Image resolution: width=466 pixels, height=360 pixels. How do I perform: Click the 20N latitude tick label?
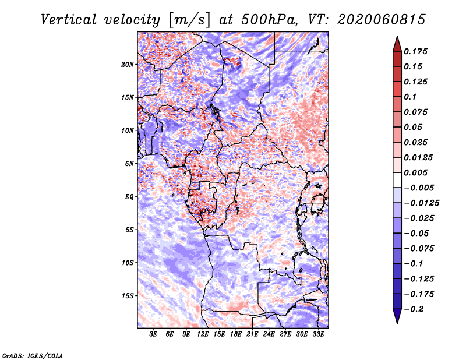click(x=128, y=65)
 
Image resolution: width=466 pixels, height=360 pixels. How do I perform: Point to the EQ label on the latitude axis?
click(x=129, y=197)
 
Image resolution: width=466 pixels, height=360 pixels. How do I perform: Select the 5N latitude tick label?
click(x=129, y=164)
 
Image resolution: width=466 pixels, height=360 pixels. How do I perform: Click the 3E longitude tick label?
click(x=153, y=334)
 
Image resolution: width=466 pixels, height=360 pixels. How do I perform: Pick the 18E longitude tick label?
click(x=236, y=334)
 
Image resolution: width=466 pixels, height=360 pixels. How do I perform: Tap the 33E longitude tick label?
click(x=318, y=334)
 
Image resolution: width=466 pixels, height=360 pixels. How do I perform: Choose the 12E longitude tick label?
click(x=203, y=334)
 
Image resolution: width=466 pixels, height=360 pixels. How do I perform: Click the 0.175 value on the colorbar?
click(x=415, y=51)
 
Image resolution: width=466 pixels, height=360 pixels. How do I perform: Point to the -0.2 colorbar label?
click(x=414, y=309)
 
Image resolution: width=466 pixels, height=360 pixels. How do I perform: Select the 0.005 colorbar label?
click(x=415, y=172)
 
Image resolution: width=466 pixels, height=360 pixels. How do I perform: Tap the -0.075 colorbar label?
click(x=419, y=249)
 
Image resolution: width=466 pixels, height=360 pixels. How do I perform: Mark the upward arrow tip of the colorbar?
click(x=397, y=36)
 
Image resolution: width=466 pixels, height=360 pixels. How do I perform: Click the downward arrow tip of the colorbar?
click(x=397, y=323)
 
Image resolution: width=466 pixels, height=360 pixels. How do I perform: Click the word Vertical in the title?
click(x=68, y=20)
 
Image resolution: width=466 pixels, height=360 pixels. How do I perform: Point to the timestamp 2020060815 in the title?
click(x=382, y=20)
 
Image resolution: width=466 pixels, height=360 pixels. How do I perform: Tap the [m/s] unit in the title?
click(x=189, y=20)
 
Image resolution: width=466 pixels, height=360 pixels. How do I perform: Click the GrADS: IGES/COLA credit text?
click(x=33, y=356)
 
